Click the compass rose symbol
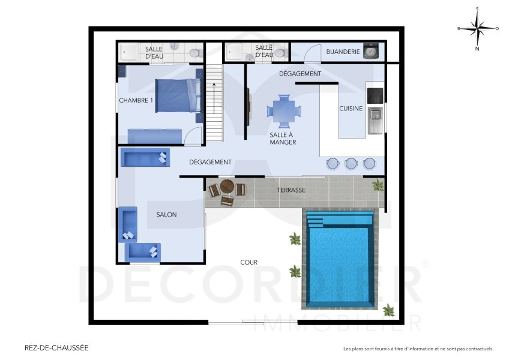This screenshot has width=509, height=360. (477, 28)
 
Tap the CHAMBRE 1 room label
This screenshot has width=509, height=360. (136, 100)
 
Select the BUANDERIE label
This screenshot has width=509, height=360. (343, 52)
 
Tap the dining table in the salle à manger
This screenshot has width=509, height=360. (283, 110)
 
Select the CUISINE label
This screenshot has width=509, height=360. (351, 109)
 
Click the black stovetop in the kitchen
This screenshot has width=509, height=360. (375, 95)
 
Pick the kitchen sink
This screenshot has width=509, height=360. (375, 115)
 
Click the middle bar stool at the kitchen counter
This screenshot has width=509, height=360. (351, 163)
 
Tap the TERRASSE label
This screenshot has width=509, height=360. (291, 190)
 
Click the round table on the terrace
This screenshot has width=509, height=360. (227, 187)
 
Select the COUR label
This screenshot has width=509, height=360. (248, 262)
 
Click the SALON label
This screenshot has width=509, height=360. (166, 215)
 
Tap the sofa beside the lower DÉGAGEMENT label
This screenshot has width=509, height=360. (144, 158)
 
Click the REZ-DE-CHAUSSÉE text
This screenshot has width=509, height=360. (56, 347)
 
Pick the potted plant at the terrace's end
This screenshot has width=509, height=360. (378, 185)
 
